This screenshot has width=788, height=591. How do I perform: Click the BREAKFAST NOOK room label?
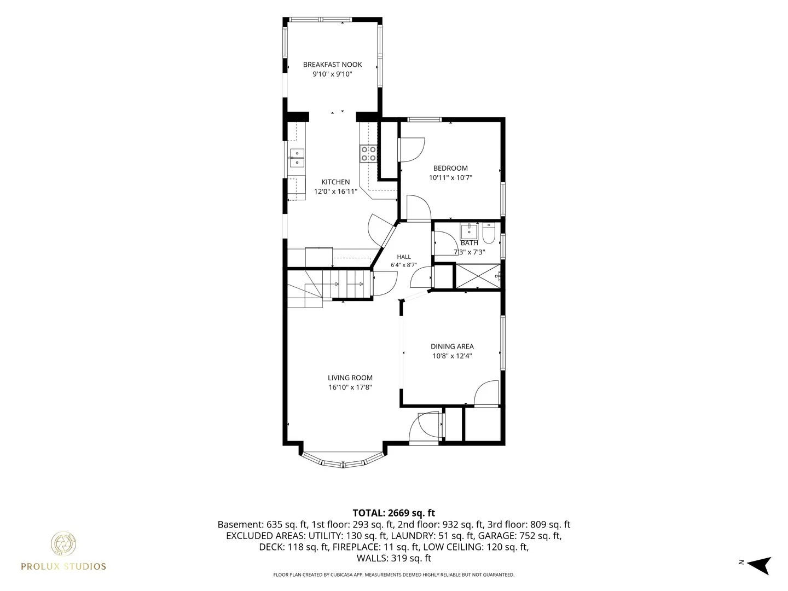332,65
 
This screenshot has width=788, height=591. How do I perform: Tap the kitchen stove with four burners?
368,154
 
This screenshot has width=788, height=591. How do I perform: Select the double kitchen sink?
297,158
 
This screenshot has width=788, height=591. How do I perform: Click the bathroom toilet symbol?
489,233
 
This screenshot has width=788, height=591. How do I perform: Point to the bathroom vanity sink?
469,231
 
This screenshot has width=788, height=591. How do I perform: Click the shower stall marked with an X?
478,276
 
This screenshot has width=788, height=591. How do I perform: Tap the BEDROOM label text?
450,168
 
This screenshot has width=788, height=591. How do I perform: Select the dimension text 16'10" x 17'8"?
350,387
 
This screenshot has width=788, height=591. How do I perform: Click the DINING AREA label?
452,346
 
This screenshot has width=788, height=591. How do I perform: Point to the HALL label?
404,257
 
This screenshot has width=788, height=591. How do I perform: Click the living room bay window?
343,460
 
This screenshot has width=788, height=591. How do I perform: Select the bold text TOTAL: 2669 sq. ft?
394,513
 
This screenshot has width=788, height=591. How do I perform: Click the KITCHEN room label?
335,182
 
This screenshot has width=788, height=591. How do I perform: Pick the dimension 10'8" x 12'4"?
452,356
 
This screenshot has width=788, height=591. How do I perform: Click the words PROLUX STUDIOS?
63,566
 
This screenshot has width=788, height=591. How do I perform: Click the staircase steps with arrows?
347,284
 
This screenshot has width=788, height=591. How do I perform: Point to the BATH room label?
469,243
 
